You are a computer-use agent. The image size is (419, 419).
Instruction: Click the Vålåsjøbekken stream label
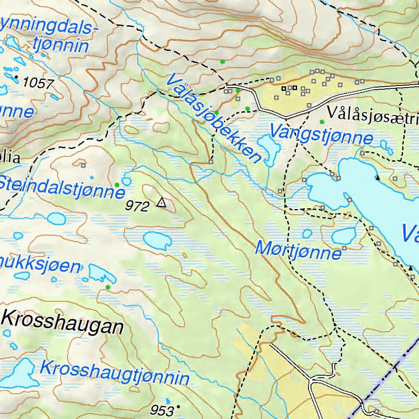pos(214,118)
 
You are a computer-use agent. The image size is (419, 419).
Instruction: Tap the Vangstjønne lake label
pos(321,134)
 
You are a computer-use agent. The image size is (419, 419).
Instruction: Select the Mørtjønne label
pos(298,250)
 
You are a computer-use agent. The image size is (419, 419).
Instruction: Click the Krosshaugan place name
pos(63,322)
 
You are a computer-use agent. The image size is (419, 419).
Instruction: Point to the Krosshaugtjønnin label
pos(115,373)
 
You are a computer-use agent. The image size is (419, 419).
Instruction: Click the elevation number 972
pos(137,207)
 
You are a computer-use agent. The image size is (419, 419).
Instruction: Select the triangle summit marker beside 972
pos(162,203)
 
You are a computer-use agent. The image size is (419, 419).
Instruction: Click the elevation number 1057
pos(38,83)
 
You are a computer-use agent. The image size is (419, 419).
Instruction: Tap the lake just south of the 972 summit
pos(157,240)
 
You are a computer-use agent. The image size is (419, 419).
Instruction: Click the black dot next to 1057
pos(16,77)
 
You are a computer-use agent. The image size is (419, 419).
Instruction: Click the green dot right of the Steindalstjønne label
pos(117,185)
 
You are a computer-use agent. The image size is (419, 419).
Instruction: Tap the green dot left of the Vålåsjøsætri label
pos(322,122)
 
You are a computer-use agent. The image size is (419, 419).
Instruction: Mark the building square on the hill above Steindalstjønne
pos(83,165)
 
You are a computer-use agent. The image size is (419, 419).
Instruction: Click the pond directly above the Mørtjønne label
pos(307,234)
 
